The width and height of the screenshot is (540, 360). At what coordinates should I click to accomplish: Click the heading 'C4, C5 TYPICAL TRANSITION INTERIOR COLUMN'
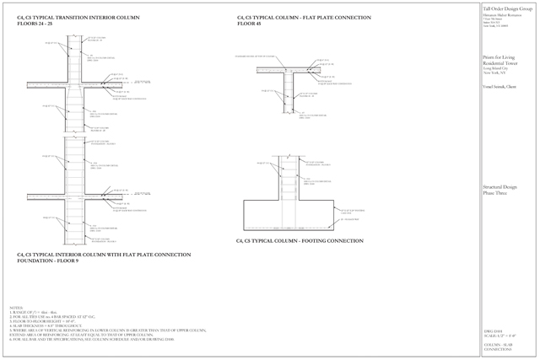(65, 17)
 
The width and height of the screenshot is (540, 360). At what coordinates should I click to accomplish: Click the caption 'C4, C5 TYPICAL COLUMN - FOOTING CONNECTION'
(299, 241)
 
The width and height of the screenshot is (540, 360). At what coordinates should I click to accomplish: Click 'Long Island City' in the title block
(497, 68)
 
